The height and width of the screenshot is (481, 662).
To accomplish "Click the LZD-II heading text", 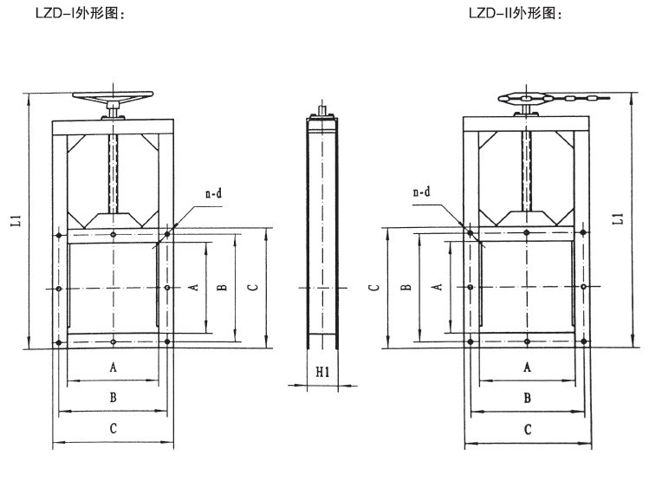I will point(515,13).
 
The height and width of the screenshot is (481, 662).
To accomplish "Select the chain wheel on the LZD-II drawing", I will point(525,100).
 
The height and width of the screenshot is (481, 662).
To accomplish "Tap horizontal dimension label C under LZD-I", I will point(114,429).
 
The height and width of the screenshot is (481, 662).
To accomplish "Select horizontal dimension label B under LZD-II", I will point(527,398).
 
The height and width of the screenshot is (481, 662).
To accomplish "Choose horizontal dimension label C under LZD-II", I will point(527,429).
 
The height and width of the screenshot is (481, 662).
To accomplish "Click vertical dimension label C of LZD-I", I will point(251,286).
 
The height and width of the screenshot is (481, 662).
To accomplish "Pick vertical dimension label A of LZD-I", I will point(195,287).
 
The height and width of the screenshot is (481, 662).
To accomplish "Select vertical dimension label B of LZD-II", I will point(406,287).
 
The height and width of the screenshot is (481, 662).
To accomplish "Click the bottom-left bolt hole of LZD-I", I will point(58,344).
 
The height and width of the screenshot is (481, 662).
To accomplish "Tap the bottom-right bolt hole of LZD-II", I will point(585,343).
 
